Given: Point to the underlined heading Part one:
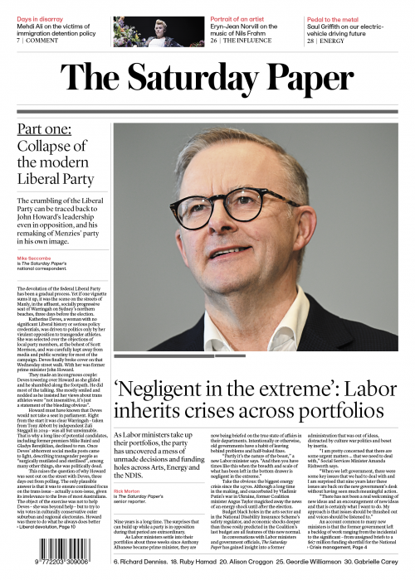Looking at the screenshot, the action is (x=47, y=131).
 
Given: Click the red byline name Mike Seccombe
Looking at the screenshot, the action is (x=35, y=258).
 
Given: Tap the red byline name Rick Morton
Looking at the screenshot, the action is (x=127, y=491).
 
